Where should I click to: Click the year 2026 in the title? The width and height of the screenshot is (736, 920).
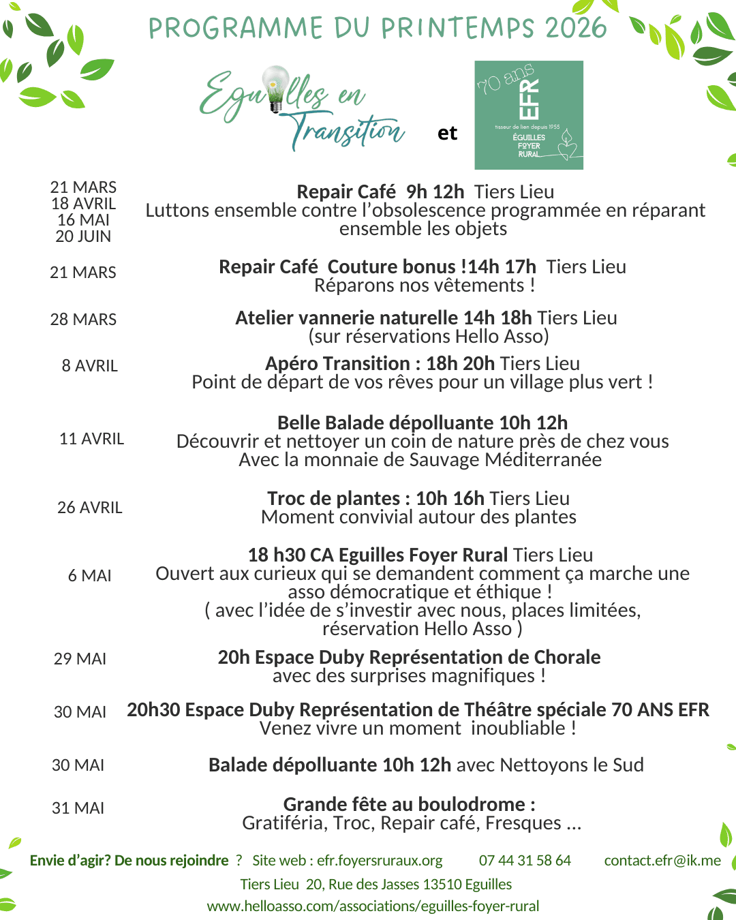(x=576, y=28)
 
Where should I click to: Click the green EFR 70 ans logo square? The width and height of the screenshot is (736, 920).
(x=529, y=115)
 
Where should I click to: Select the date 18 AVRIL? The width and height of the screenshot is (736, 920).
(x=84, y=204)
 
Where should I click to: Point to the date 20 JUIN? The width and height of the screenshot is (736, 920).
(x=83, y=236)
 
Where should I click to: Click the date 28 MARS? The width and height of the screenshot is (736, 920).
(x=83, y=319)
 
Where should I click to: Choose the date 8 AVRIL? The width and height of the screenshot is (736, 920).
(x=89, y=366)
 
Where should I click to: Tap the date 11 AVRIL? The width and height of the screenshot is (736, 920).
(x=91, y=439)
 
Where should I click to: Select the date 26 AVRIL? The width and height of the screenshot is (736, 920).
(x=90, y=508)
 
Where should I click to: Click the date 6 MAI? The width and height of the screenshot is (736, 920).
(x=89, y=576)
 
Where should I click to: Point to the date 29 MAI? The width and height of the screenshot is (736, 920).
(x=80, y=659)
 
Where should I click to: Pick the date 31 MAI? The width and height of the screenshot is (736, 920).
(x=78, y=808)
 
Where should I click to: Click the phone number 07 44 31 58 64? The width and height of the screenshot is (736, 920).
(x=525, y=861)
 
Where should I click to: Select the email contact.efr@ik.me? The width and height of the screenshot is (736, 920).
(x=662, y=861)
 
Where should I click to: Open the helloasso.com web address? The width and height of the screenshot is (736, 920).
(x=373, y=906)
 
